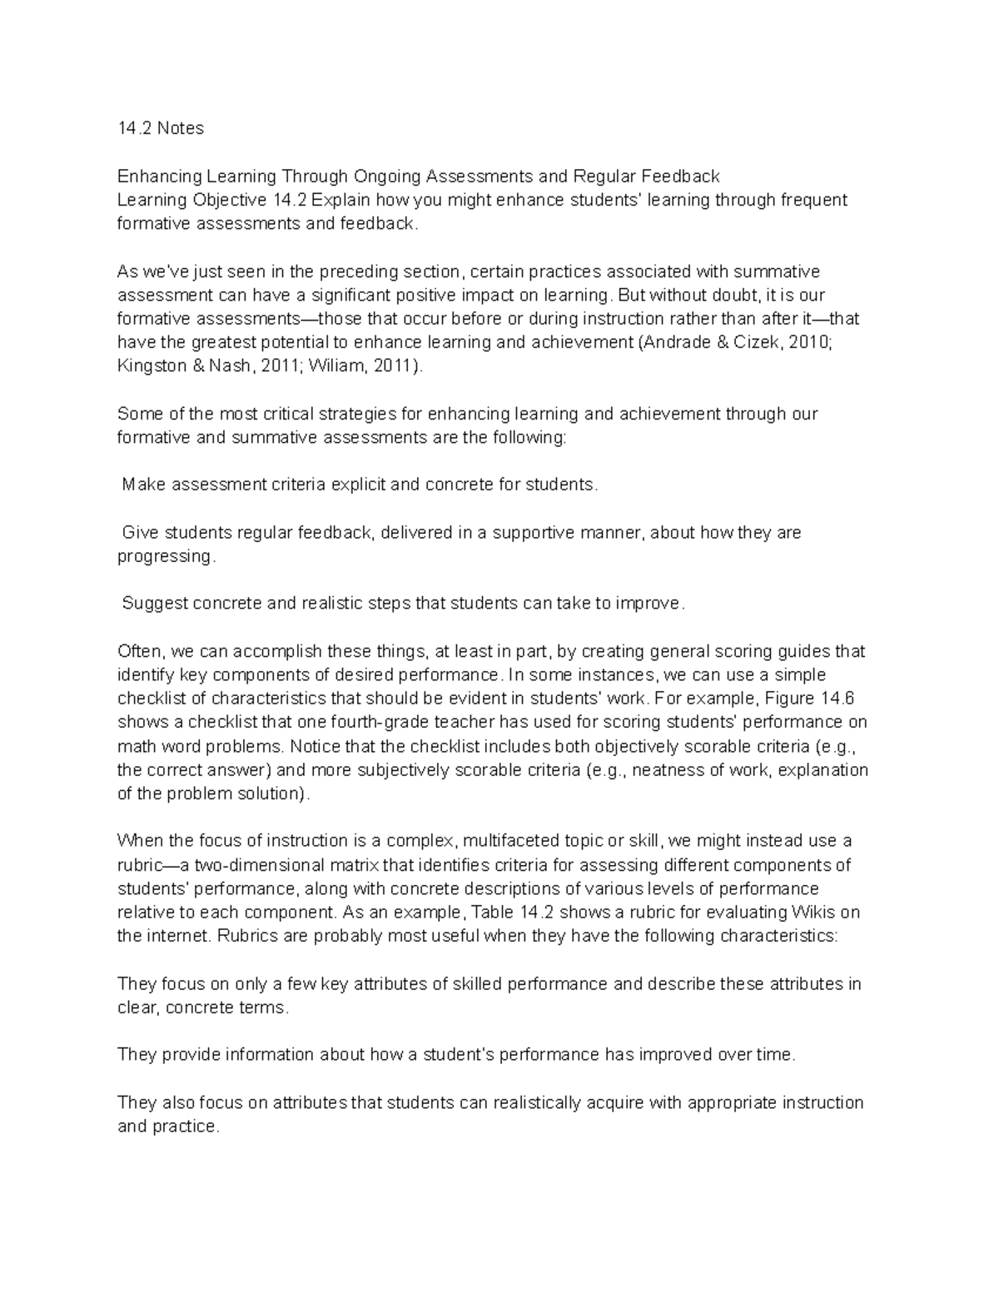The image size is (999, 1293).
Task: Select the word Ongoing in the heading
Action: click(387, 177)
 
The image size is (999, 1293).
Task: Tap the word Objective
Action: click(231, 200)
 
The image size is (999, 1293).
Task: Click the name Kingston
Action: click(152, 366)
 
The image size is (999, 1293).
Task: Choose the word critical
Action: click(290, 414)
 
